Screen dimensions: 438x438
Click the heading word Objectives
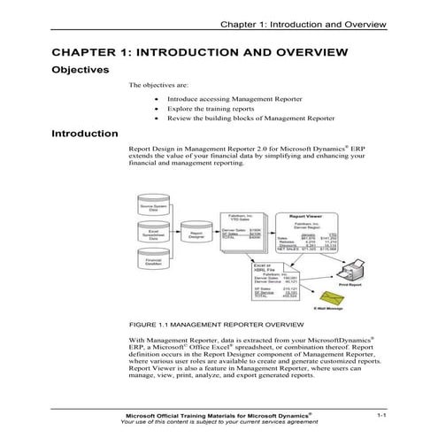point(81,69)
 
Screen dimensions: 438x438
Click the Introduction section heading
point(85,134)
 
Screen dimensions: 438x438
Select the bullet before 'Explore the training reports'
point(157,109)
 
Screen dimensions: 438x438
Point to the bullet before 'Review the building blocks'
point(157,118)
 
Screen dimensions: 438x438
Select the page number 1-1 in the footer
point(381,414)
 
